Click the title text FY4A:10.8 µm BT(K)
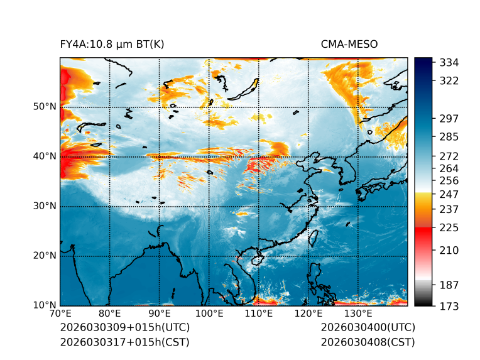coord(112,44)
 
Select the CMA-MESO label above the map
coord(349,44)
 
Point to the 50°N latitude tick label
coord(45,106)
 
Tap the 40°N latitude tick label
coord(45,156)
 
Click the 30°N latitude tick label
coord(45,206)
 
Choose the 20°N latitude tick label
coord(45,256)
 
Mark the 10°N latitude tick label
coord(45,305)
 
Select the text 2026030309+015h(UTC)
coord(124,327)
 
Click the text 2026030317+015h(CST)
coord(124,342)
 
